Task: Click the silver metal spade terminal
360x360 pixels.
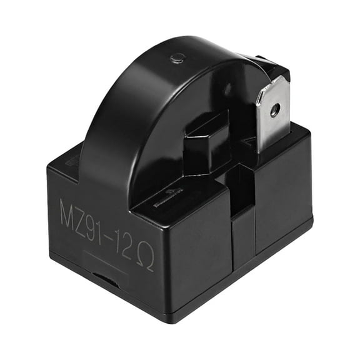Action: [x=271, y=116]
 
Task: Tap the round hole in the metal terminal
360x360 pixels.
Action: [x=274, y=111]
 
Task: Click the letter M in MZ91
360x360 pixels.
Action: [x=71, y=209]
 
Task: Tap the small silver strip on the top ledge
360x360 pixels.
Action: [x=161, y=204]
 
